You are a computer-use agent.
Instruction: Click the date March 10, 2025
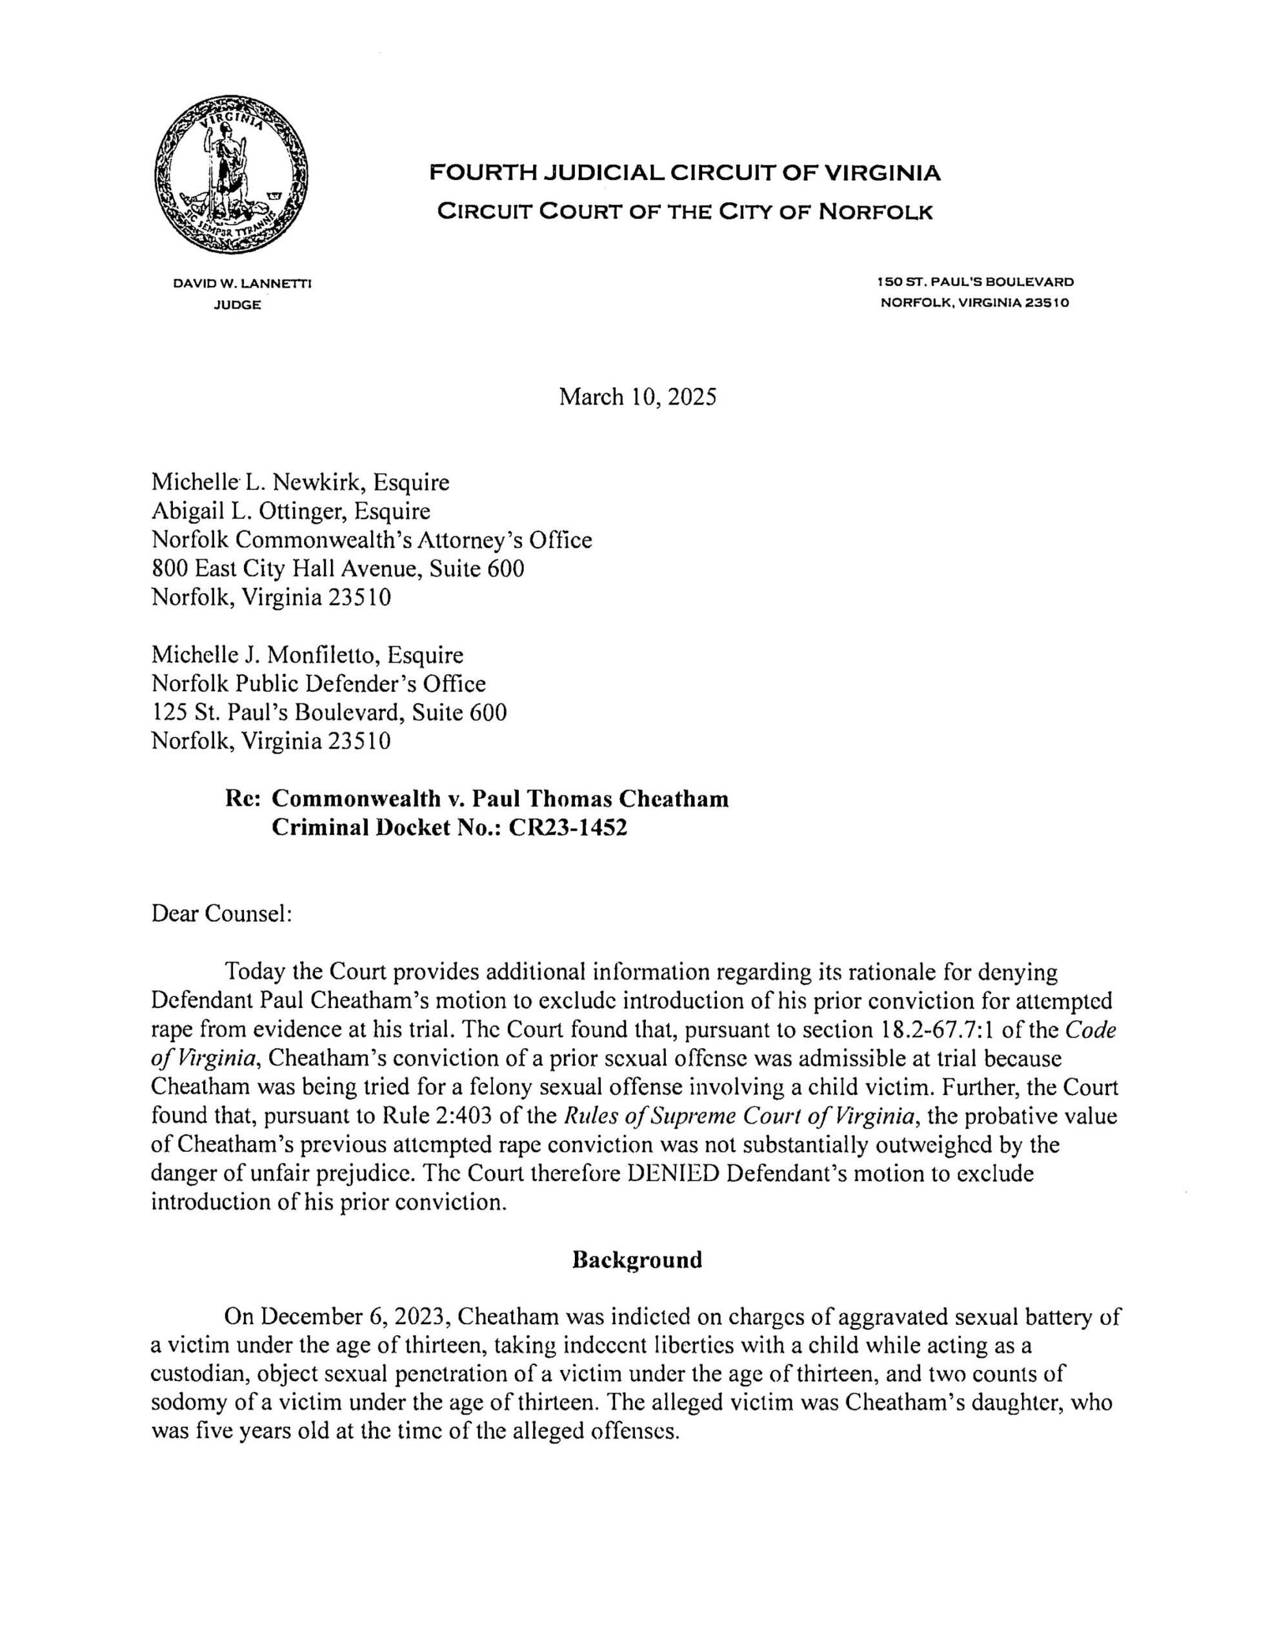(x=637, y=397)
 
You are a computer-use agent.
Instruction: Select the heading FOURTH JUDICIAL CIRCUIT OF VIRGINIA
(x=684, y=174)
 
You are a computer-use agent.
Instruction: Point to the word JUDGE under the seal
(x=238, y=305)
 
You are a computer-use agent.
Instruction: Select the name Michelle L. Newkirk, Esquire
(x=300, y=482)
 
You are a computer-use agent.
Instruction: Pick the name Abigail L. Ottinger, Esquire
(x=291, y=512)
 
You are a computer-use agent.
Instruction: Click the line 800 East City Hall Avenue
(x=337, y=569)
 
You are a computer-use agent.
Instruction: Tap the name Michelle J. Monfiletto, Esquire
(x=306, y=655)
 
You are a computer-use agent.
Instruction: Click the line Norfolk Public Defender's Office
(x=318, y=683)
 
